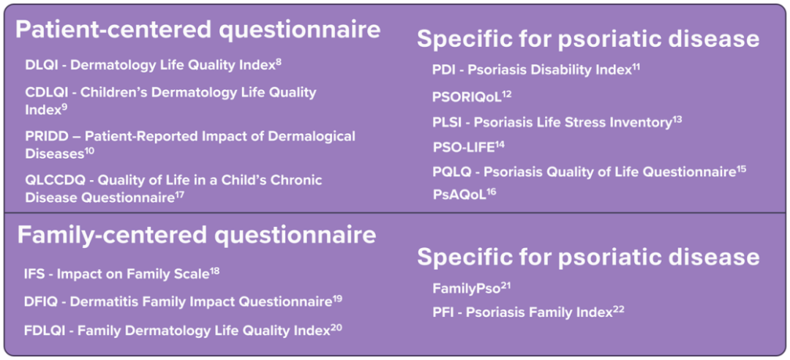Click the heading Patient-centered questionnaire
pyautogui.click(x=198, y=30)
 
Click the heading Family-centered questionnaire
pyautogui.click(x=197, y=236)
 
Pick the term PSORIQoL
pyautogui.click(x=467, y=97)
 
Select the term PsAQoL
pyautogui.click(x=459, y=195)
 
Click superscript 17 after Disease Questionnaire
pyautogui.click(x=180, y=195)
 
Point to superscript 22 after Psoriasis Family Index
pyautogui.click(x=619, y=310)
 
